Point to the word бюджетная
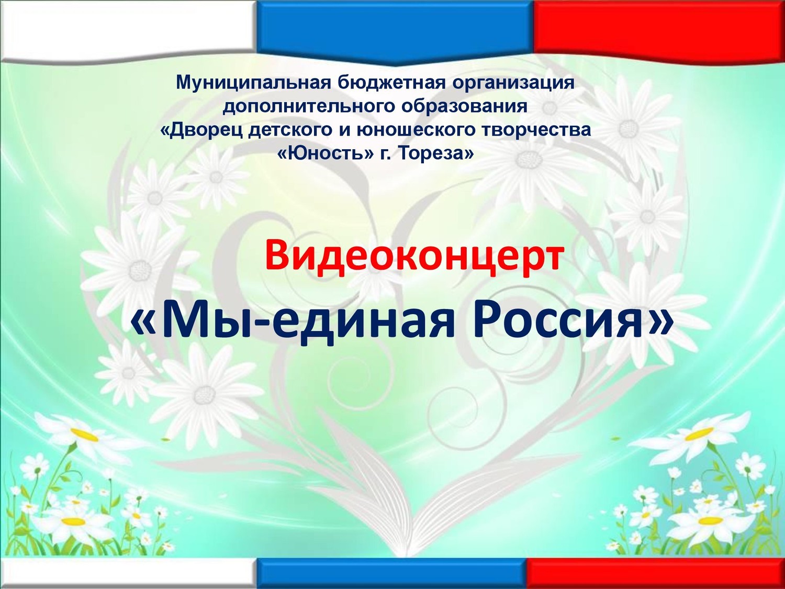click(390, 83)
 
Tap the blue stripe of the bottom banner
click(391, 573)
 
